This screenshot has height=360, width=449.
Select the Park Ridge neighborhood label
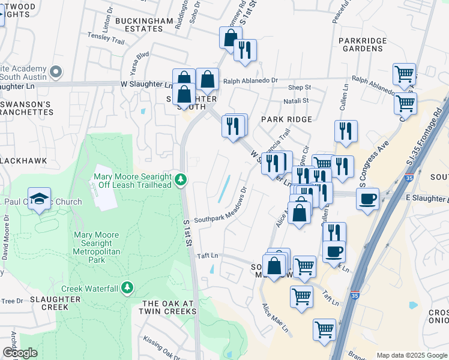[286, 119]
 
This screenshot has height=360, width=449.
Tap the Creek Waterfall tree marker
[127, 288]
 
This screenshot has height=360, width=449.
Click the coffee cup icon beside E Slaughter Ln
[367, 199]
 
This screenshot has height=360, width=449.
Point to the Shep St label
[298, 88]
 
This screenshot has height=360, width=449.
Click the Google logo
[20, 353]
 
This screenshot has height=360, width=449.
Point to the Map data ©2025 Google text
[411, 355]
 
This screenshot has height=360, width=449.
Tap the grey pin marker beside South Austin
[56, 72]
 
